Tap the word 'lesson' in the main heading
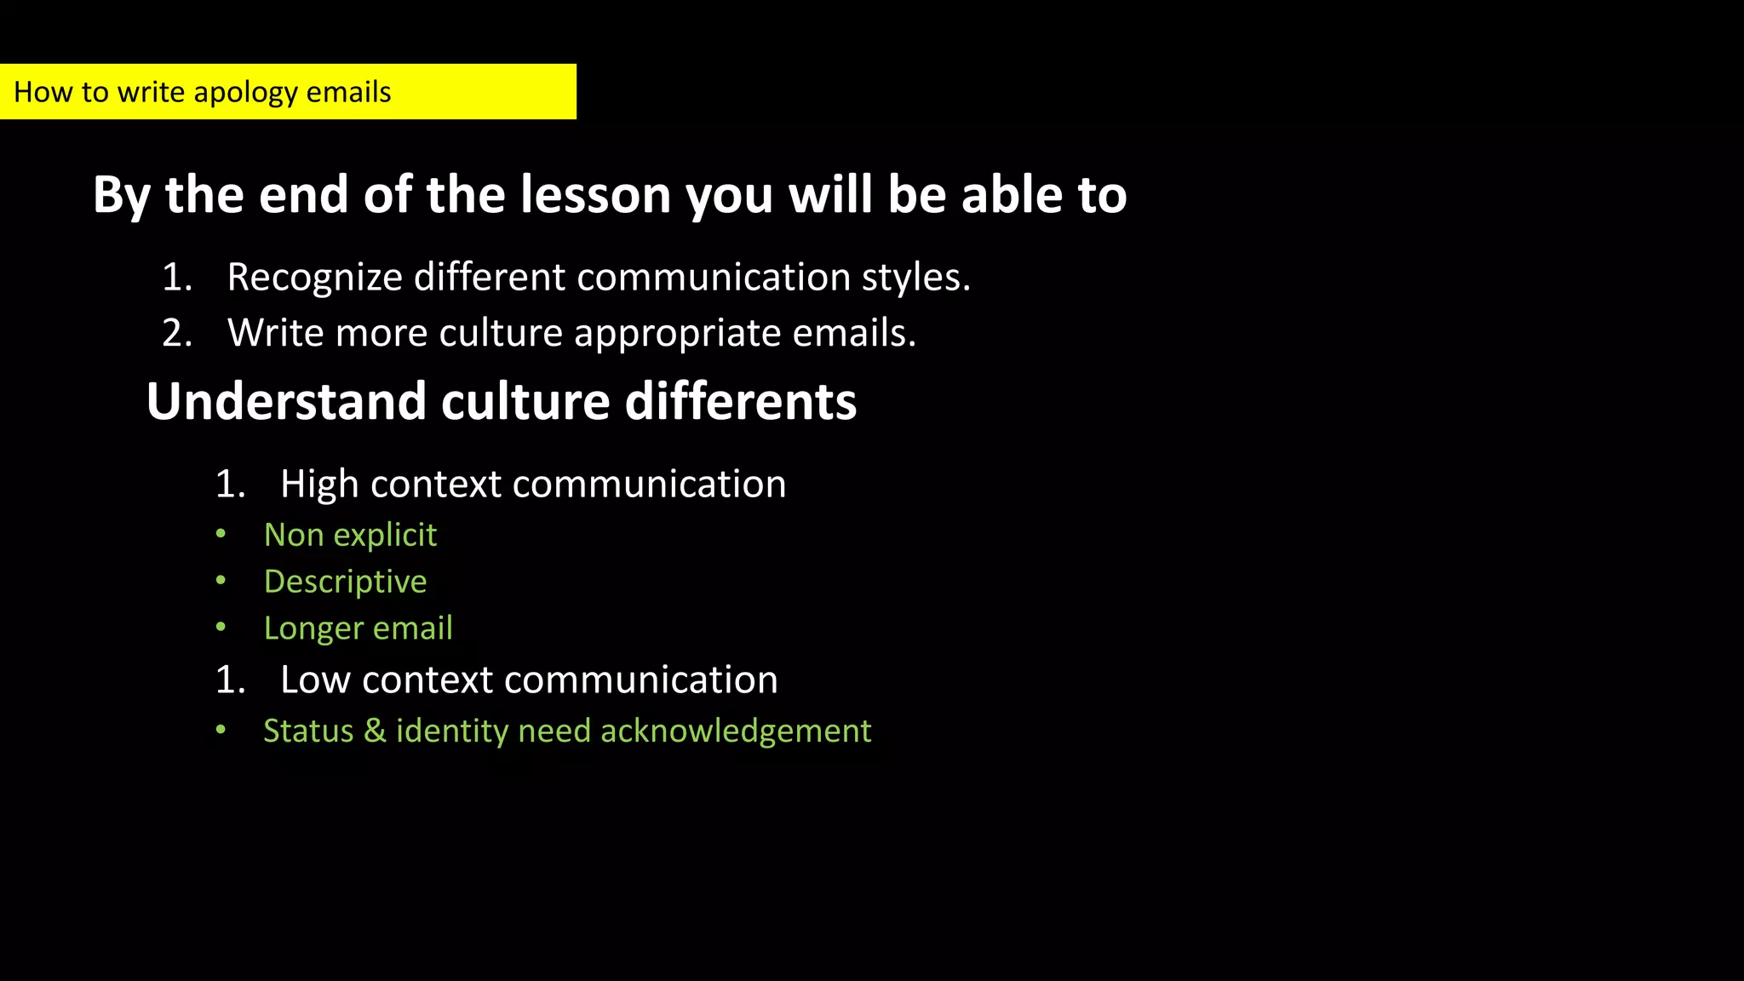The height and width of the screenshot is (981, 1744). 595,195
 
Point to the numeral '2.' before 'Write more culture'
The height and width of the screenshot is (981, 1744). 177,333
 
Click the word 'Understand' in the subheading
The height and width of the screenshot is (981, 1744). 286,401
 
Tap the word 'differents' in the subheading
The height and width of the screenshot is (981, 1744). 740,401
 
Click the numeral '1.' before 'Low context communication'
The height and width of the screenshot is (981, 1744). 231,680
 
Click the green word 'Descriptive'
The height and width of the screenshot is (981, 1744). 345,582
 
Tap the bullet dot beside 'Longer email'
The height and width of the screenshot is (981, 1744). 221,628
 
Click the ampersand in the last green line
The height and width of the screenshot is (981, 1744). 375,731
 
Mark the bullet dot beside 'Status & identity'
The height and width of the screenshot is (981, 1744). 221,730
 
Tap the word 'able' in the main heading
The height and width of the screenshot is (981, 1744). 1013,195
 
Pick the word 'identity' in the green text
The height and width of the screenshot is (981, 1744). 451,731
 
